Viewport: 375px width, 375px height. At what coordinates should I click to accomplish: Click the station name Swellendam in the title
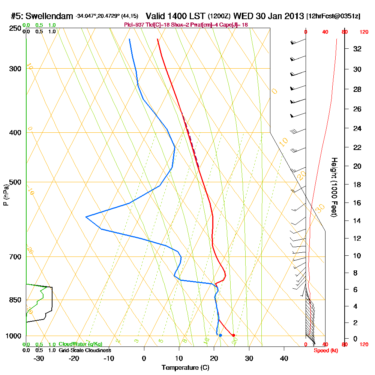[x=51, y=16]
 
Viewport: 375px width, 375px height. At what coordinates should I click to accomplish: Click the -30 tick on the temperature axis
[x=39, y=358]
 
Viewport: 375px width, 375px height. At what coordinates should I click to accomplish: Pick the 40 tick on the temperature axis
[x=284, y=358]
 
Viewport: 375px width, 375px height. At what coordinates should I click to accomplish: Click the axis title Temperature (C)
[x=185, y=368]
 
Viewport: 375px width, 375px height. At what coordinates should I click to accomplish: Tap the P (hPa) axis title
[x=6, y=195]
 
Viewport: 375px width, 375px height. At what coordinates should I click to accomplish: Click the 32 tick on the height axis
[x=357, y=49]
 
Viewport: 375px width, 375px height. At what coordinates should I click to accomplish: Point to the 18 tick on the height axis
[x=357, y=184]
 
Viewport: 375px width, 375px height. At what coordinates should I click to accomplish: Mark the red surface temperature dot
[x=234, y=335]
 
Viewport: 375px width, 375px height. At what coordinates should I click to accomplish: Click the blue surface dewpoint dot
[x=220, y=335]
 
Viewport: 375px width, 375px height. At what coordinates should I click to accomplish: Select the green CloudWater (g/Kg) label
[x=80, y=344]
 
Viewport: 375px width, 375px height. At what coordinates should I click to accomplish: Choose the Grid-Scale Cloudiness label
[x=85, y=350]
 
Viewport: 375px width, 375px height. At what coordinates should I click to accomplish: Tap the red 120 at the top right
[x=364, y=32]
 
